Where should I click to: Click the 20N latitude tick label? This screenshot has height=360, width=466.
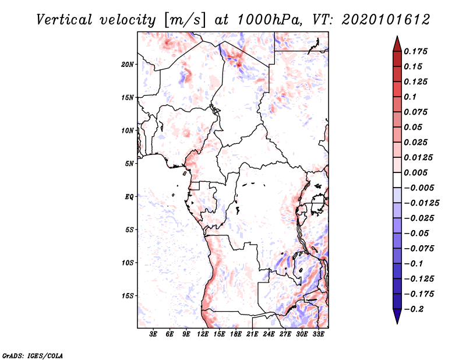coord(128,64)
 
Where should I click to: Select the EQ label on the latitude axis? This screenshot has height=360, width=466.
coord(129,197)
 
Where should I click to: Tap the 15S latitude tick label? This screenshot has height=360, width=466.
coord(128,296)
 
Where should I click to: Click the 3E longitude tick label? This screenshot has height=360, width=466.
coord(153,334)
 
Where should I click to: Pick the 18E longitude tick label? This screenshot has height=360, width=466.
coord(236,334)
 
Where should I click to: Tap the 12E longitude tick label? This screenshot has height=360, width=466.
coord(203,334)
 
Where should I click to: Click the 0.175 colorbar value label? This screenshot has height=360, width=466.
coord(417,51)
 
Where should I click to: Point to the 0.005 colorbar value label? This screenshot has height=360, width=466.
coord(417,172)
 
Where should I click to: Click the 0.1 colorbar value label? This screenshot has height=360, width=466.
coord(412,97)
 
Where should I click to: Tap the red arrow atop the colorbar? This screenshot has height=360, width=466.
coord(397,44)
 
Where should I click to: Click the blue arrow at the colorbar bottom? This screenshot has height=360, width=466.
coord(397,316)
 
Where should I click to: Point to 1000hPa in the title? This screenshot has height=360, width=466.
coord(267,19)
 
